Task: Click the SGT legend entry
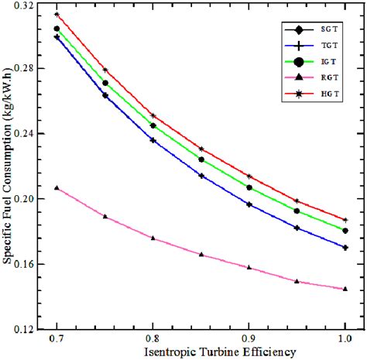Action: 310,29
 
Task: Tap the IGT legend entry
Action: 310,61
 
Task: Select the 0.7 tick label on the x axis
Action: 57,339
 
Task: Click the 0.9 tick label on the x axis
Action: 249,339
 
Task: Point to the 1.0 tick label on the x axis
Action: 345,339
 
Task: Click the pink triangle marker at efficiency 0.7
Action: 57,187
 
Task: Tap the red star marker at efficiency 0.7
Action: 57,15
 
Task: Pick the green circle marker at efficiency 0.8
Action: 153,125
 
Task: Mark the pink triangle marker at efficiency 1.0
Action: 345,289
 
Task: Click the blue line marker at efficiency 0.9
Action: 249,204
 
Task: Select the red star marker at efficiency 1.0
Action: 345,220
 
